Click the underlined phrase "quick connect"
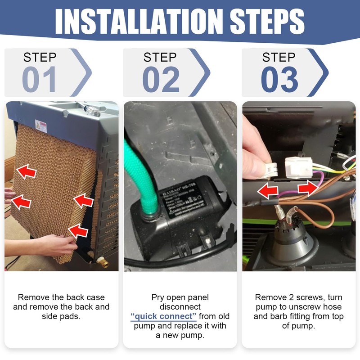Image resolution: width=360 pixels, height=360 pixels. [163, 316]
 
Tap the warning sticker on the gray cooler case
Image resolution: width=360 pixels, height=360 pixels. [41, 126]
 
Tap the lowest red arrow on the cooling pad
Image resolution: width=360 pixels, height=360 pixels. [78, 231]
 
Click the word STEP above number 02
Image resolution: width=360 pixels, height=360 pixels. [160, 57]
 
